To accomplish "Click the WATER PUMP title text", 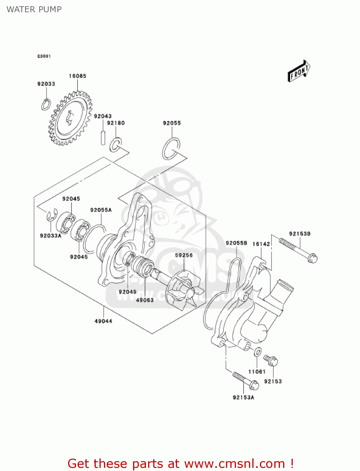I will pyautogui.click(x=34, y=9).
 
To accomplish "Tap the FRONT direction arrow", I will pyautogui.click(x=299, y=72).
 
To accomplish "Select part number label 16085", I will pyautogui.click(x=78, y=76).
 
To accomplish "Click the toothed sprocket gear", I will pyautogui.click(x=70, y=119).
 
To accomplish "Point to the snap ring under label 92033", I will pyautogui.click(x=46, y=105).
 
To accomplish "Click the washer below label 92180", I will pyautogui.click(x=115, y=144).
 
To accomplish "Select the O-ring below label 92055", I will pyautogui.click(x=171, y=149).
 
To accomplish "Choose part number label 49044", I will pyautogui.click(x=103, y=321).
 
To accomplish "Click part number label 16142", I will pyautogui.click(x=261, y=244).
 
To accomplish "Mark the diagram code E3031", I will pyautogui.click(x=44, y=56).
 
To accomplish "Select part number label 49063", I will pyautogui.click(x=145, y=300).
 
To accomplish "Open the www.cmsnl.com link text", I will pyautogui.click(x=234, y=463).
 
